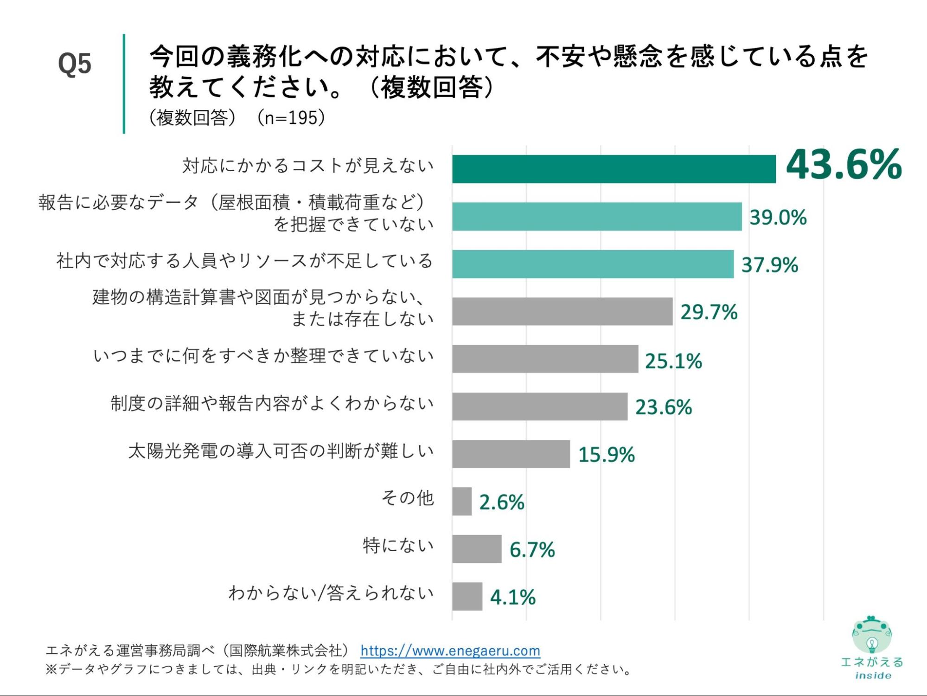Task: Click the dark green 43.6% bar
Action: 614,169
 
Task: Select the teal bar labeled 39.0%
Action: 597,217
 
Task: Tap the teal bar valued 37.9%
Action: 593,264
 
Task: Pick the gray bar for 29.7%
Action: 562,311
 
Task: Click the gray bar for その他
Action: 462,501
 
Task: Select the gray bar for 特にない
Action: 477,549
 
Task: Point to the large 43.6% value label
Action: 844,165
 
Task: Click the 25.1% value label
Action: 673,361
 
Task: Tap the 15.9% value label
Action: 606,455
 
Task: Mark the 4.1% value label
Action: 512,597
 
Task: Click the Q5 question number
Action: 75,64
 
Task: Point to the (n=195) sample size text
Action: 291,118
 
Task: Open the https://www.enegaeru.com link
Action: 450,651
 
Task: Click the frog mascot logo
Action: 871,634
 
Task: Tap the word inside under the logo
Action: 873,676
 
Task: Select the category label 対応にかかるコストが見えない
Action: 308,166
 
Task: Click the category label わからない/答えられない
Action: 331,593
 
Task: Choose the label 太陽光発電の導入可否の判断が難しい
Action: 281,451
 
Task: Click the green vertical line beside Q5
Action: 124,84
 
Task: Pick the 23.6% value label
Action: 663,407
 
